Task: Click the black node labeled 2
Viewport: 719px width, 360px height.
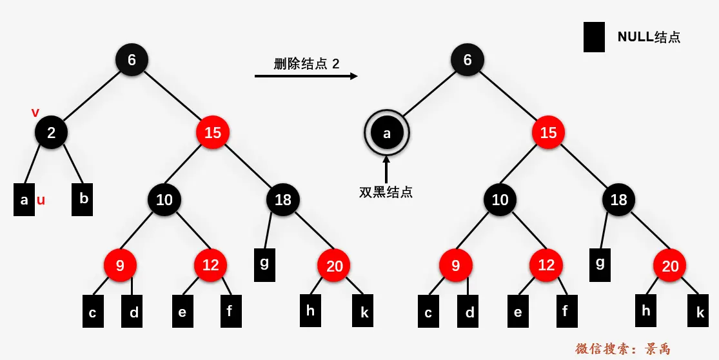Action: click(x=51, y=133)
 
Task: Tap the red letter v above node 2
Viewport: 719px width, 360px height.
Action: click(x=35, y=113)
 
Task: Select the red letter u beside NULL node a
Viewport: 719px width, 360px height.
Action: click(x=41, y=200)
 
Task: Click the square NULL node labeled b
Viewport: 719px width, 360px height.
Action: click(x=83, y=199)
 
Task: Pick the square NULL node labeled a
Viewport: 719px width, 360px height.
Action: click(x=24, y=200)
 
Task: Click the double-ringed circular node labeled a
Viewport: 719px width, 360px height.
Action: click(x=387, y=134)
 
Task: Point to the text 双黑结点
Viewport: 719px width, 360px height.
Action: click(x=386, y=192)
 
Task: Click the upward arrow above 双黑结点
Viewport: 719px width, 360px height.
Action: click(x=386, y=169)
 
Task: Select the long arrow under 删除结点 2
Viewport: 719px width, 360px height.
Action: click(x=306, y=76)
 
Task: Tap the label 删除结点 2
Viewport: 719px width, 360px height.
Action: click(x=306, y=63)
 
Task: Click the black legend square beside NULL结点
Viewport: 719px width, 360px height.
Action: click(x=594, y=37)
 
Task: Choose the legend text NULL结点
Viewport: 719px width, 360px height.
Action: click(x=649, y=37)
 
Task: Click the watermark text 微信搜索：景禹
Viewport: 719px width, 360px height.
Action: click(x=623, y=349)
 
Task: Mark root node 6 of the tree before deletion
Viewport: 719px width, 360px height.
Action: click(x=132, y=60)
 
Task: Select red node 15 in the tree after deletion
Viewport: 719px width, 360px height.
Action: click(x=548, y=133)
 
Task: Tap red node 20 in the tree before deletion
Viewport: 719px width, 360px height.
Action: click(x=334, y=265)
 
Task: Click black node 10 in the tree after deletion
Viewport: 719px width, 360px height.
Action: click(x=500, y=199)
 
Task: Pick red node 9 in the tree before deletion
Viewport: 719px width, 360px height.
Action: click(x=121, y=265)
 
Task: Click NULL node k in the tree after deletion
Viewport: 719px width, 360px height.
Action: click(x=700, y=312)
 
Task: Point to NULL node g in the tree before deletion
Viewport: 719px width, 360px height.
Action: click(x=264, y=263)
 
